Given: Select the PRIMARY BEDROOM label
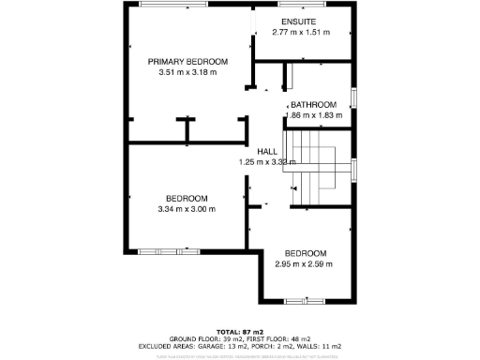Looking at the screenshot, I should [187, 61].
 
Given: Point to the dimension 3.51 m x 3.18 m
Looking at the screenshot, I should [187, 72].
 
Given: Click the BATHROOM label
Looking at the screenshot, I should [313, 104].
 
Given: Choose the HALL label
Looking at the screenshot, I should [267, 151].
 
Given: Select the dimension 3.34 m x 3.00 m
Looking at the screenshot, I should [187, 209].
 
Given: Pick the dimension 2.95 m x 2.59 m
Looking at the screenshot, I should [306, 264].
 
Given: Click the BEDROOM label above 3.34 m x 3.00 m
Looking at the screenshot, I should [187, 198].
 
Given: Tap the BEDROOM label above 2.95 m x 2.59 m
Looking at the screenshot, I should [306, 253].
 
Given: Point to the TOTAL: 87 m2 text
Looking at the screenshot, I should [240, 332].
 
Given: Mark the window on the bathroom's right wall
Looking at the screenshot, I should [353, 98].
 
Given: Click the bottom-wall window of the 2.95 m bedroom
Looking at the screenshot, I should [306, 300].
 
